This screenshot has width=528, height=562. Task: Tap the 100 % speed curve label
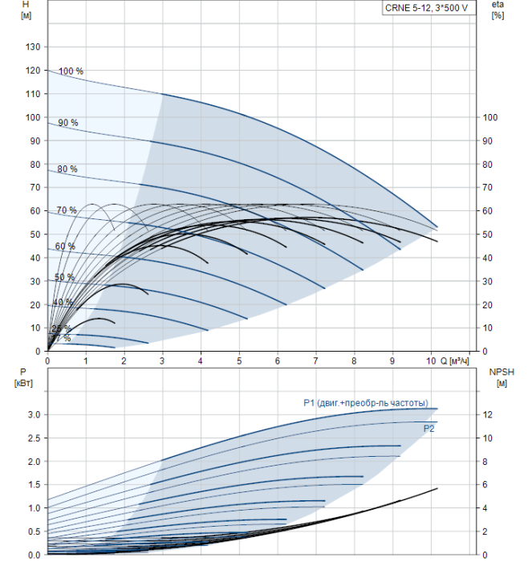point(71,71)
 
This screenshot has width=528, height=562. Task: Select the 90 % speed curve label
point(68,123)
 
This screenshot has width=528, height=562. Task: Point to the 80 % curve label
point(67,169)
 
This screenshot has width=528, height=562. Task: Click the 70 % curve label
point(67,210)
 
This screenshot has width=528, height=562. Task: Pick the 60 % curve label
point(65,246)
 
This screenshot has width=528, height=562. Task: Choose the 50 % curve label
point(64,277)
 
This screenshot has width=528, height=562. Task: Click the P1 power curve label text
point(366,403)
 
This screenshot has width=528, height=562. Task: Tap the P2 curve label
point(429,429)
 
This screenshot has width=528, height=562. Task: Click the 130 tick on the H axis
point(33,47)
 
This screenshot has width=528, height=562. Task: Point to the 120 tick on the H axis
point(33,71)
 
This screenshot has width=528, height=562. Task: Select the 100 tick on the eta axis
point(489,117)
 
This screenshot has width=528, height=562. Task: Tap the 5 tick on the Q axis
point(239,360)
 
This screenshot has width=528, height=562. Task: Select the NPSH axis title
point(497,377)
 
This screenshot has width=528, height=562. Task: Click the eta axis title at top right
point(497,10)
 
